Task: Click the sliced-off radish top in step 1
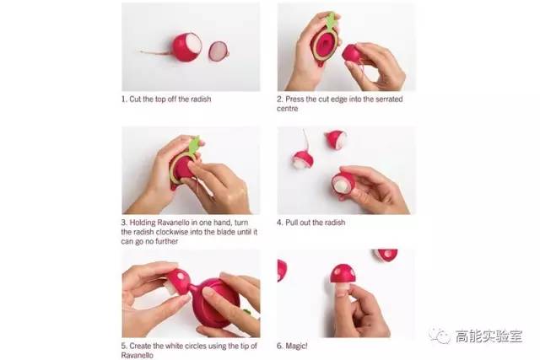pos(218,51)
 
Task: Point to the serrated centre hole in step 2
pos(324,45)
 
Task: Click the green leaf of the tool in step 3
pos(195,145)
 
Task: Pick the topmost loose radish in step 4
pos(336,139)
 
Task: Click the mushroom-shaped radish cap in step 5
pos(178,279)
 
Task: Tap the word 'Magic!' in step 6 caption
pos(296,346)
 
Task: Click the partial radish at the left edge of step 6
pos(281,270)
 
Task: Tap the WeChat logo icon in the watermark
pos(439,336)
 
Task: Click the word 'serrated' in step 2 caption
pos(389,99)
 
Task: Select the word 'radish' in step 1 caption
pos(200,99)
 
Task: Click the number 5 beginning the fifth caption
pos(123,346)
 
